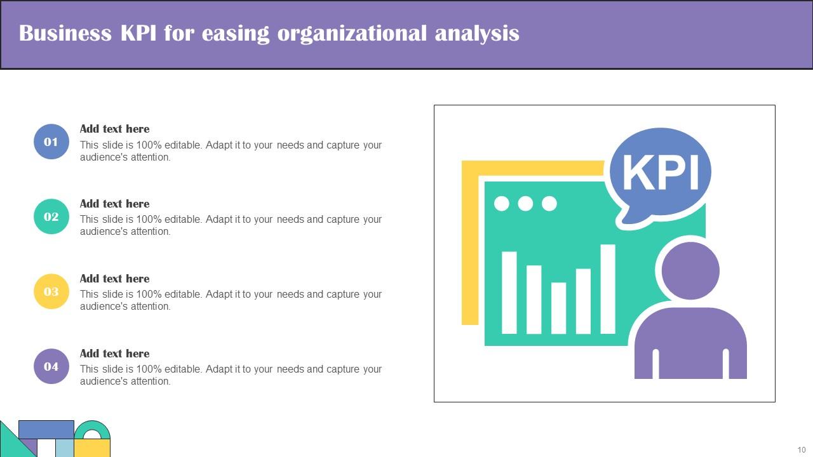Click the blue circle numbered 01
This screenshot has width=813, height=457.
click(x=51, y=142)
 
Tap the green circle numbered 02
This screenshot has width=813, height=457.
click(x=51, y=216)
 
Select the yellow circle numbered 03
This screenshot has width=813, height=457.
click(x=51, y=291)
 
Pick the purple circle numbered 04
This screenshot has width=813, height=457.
click(x=51, y=366)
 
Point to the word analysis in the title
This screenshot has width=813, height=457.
click(x=477, y=33)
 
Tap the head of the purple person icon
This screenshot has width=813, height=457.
click(x=690, y=271)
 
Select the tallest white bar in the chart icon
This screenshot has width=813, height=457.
click(x=608, y=289)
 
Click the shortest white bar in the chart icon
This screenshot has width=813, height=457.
click(x=558, y=308)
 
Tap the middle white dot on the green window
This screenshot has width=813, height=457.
click(x=525, y=203)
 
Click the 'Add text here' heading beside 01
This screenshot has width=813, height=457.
click(x=114, y=129)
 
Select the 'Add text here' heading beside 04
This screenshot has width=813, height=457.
click(x=114, y=354)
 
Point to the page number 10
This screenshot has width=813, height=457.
click(x=802, y=449)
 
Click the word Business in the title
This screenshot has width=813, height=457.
click(x=65, y=33)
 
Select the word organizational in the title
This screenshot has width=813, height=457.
click(x=352, y=33)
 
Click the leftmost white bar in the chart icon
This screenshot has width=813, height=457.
click(x=509, y=293)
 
